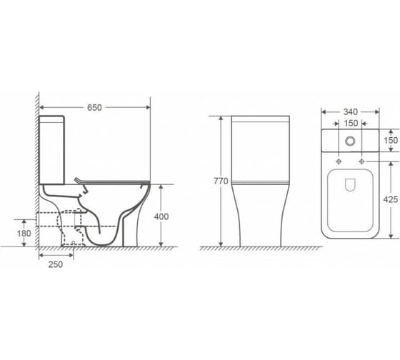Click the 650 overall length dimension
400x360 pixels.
coord(94,108)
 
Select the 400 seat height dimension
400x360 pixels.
coord(161,216)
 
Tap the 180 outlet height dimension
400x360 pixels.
coord(24,233)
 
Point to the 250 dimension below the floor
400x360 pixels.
coord(56,264)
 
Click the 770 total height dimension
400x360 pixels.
coord(221,181)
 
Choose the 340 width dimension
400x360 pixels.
coord(351,111)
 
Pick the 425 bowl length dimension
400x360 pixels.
coord(390,199)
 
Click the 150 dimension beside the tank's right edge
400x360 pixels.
coord(391,140)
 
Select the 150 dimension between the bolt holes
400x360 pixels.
coord(351,124)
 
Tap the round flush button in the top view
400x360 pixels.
coord(350,141)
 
